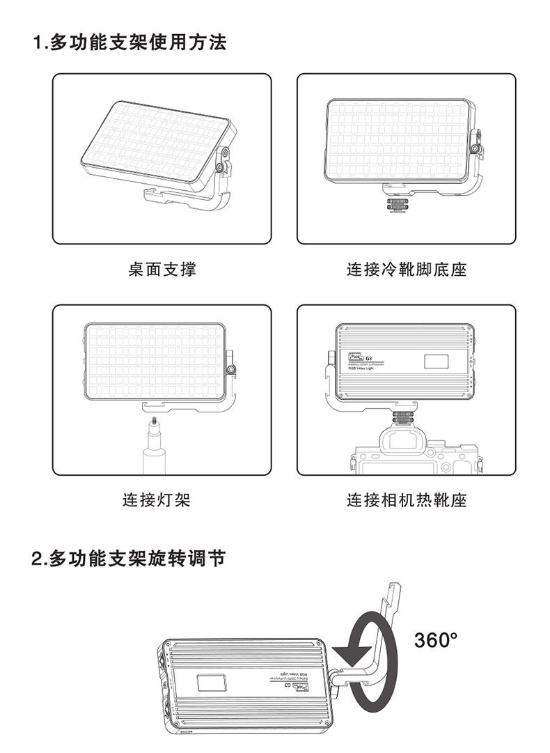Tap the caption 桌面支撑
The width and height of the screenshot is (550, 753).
(162, 270)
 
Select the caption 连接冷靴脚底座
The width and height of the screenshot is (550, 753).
(407, 270)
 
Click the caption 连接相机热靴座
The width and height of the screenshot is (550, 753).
(407, 500)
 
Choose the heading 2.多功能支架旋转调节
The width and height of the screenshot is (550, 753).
(129, 559)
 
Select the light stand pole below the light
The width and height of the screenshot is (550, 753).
(152, 460)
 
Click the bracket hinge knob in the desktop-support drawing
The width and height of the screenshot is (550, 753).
(221, 165)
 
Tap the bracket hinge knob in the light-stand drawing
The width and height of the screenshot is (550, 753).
(230, 367)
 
